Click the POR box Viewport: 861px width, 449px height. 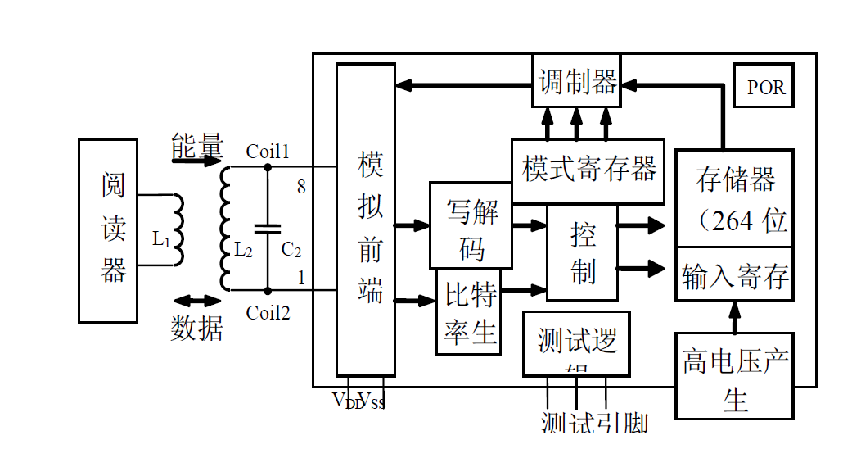point(764,87)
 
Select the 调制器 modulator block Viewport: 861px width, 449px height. point(577,81)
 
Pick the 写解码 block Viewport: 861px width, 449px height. point(471,225)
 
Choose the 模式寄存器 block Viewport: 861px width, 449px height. point(588,170)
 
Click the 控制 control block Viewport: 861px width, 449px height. point(582,253)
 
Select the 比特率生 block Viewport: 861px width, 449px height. point(468,312)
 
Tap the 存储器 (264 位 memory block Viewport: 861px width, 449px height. point(734,197)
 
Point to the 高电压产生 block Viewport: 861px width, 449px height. point(734,376)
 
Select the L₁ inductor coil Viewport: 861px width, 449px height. point(176,229)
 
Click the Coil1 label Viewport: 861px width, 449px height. point(268,152)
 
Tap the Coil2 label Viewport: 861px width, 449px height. point(268,312)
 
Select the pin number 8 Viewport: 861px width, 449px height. point(301,188)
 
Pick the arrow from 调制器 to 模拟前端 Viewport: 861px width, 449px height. point(463,84)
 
